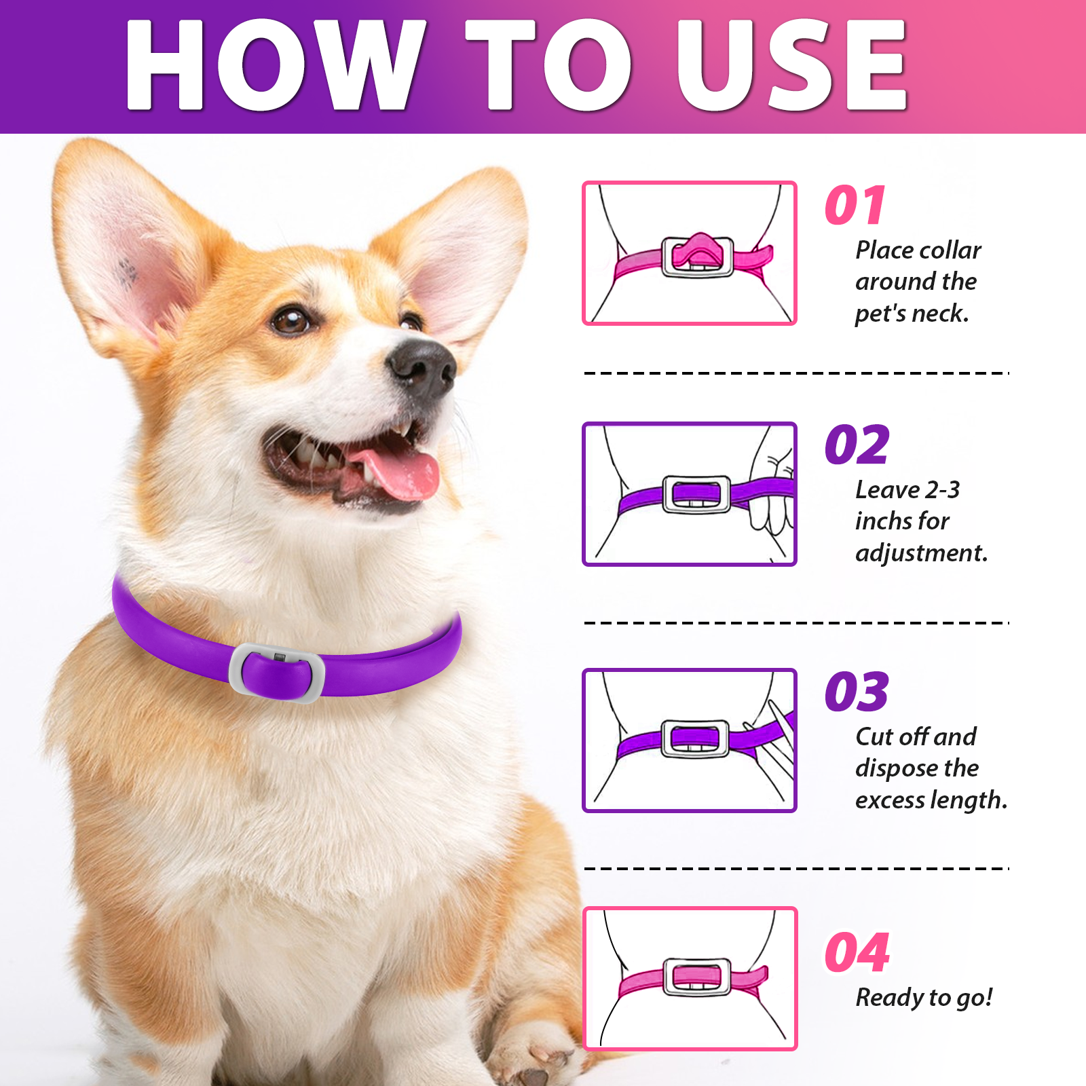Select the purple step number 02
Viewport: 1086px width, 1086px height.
tap(857, 446)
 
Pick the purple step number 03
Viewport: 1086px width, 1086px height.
tap(857, 692)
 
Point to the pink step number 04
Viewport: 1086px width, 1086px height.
tap(857, 953)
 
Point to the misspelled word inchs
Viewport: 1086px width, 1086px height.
tap(882, 521)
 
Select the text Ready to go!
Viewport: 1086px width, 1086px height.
tap(923, 998)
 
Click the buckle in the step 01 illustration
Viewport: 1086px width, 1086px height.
tap(697, 257)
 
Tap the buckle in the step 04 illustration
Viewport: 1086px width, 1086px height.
tap(697, 977)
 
